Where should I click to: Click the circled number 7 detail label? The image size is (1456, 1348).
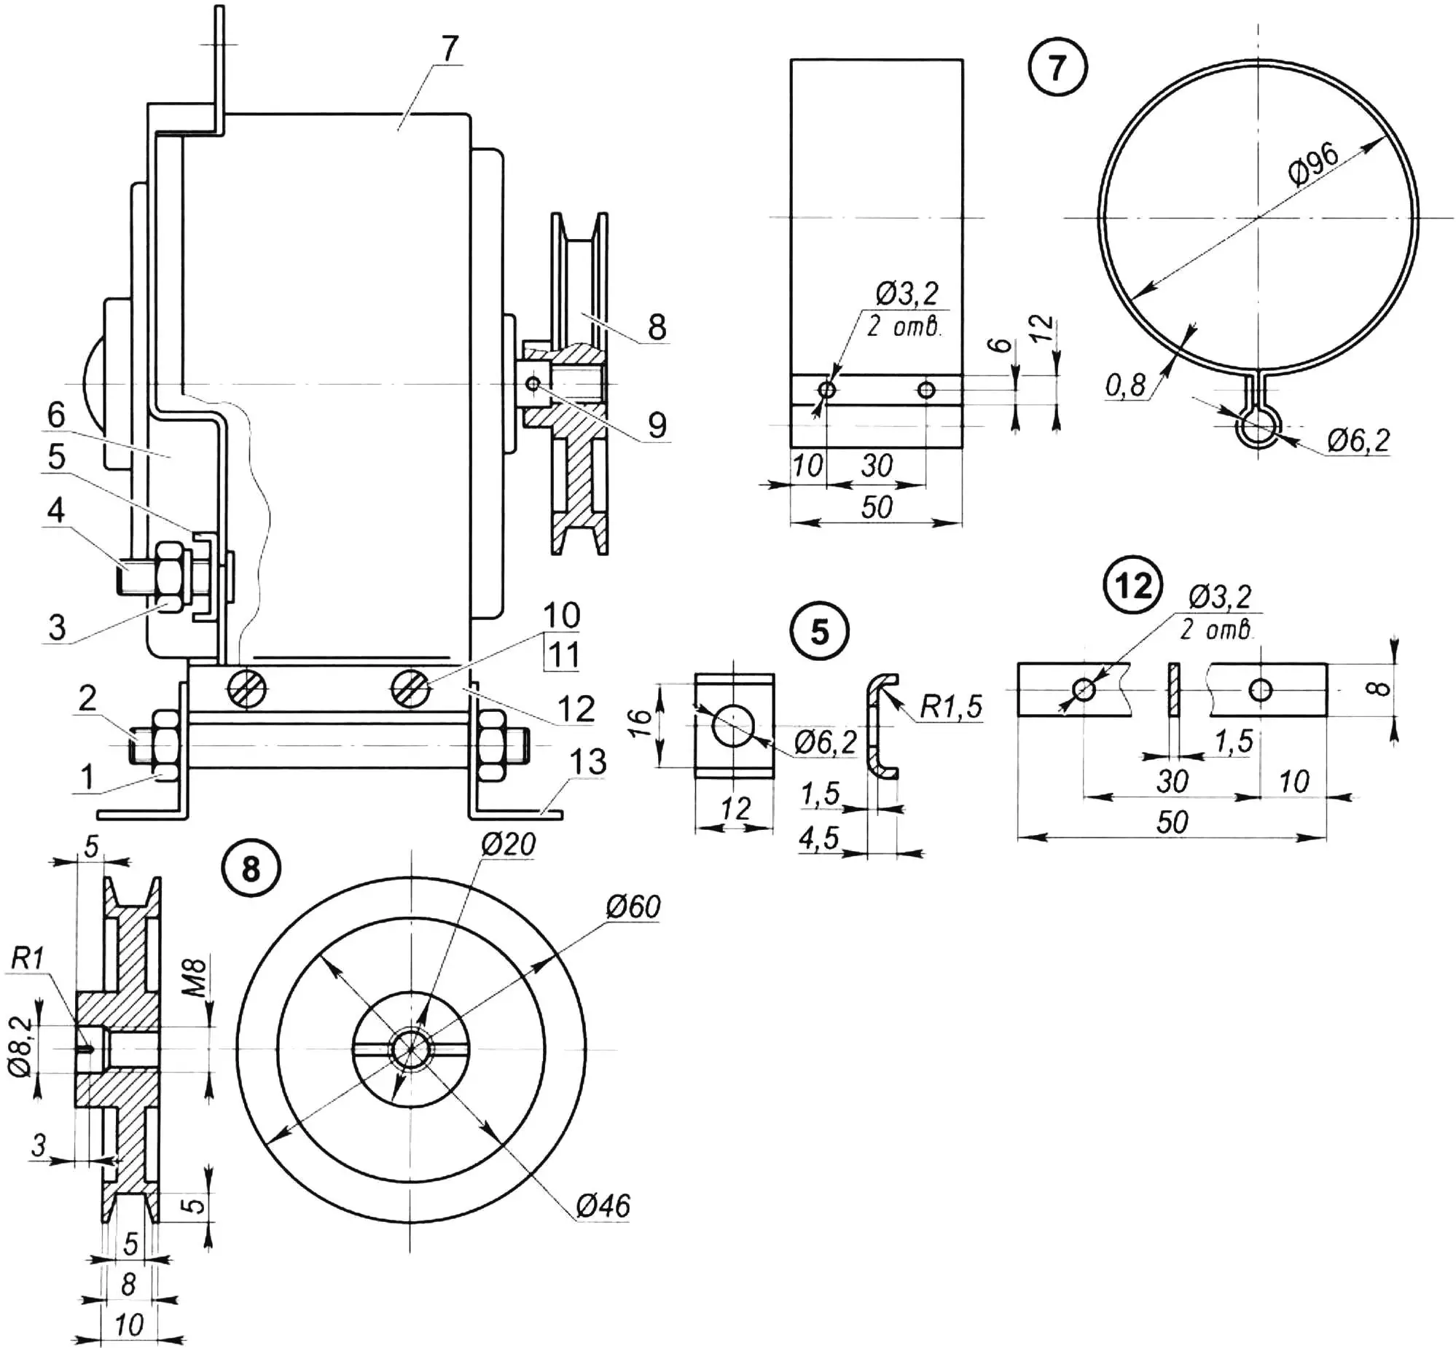coord(1057,68)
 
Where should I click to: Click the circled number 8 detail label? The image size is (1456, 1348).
coord(250,869)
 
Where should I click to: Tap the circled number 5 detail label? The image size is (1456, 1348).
coord(820,632)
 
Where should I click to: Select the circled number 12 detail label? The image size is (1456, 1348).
coord(1133,586)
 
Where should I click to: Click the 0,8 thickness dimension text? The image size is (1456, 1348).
coord(1126,385)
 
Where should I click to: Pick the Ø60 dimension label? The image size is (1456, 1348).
coord(633,906)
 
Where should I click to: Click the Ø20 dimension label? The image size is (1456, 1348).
coord(509,844)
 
